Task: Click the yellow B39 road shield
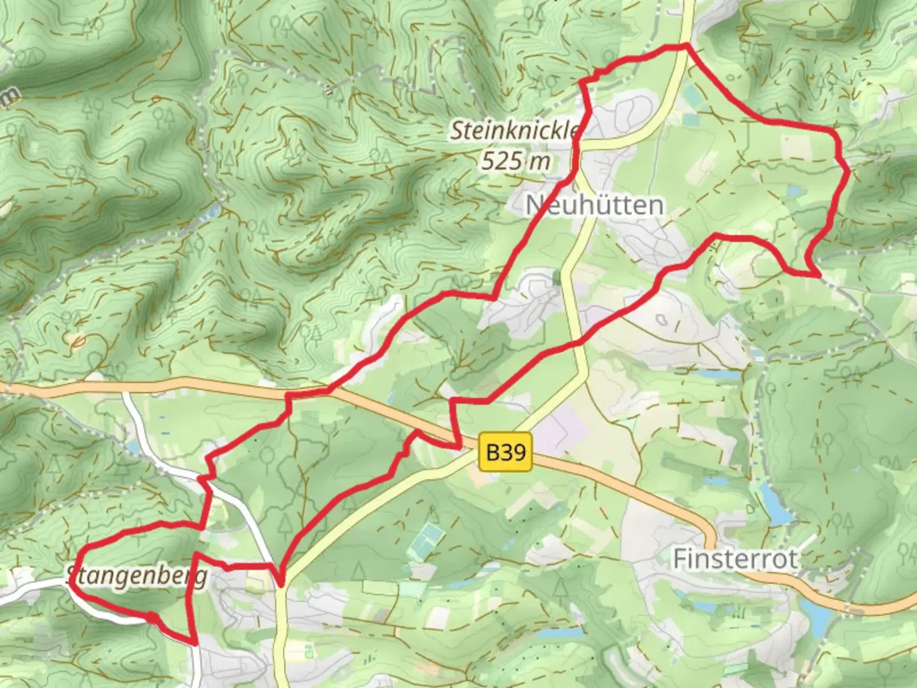[x=506, y=452]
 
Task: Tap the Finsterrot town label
[x=735, y=559]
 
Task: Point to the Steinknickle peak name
[x=515, y=131]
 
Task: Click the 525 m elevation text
[x=516, y=161]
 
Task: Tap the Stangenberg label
[x=138, y=577]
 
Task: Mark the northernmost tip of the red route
[x=686, y=45]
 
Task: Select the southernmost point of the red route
[x=192, y=643]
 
